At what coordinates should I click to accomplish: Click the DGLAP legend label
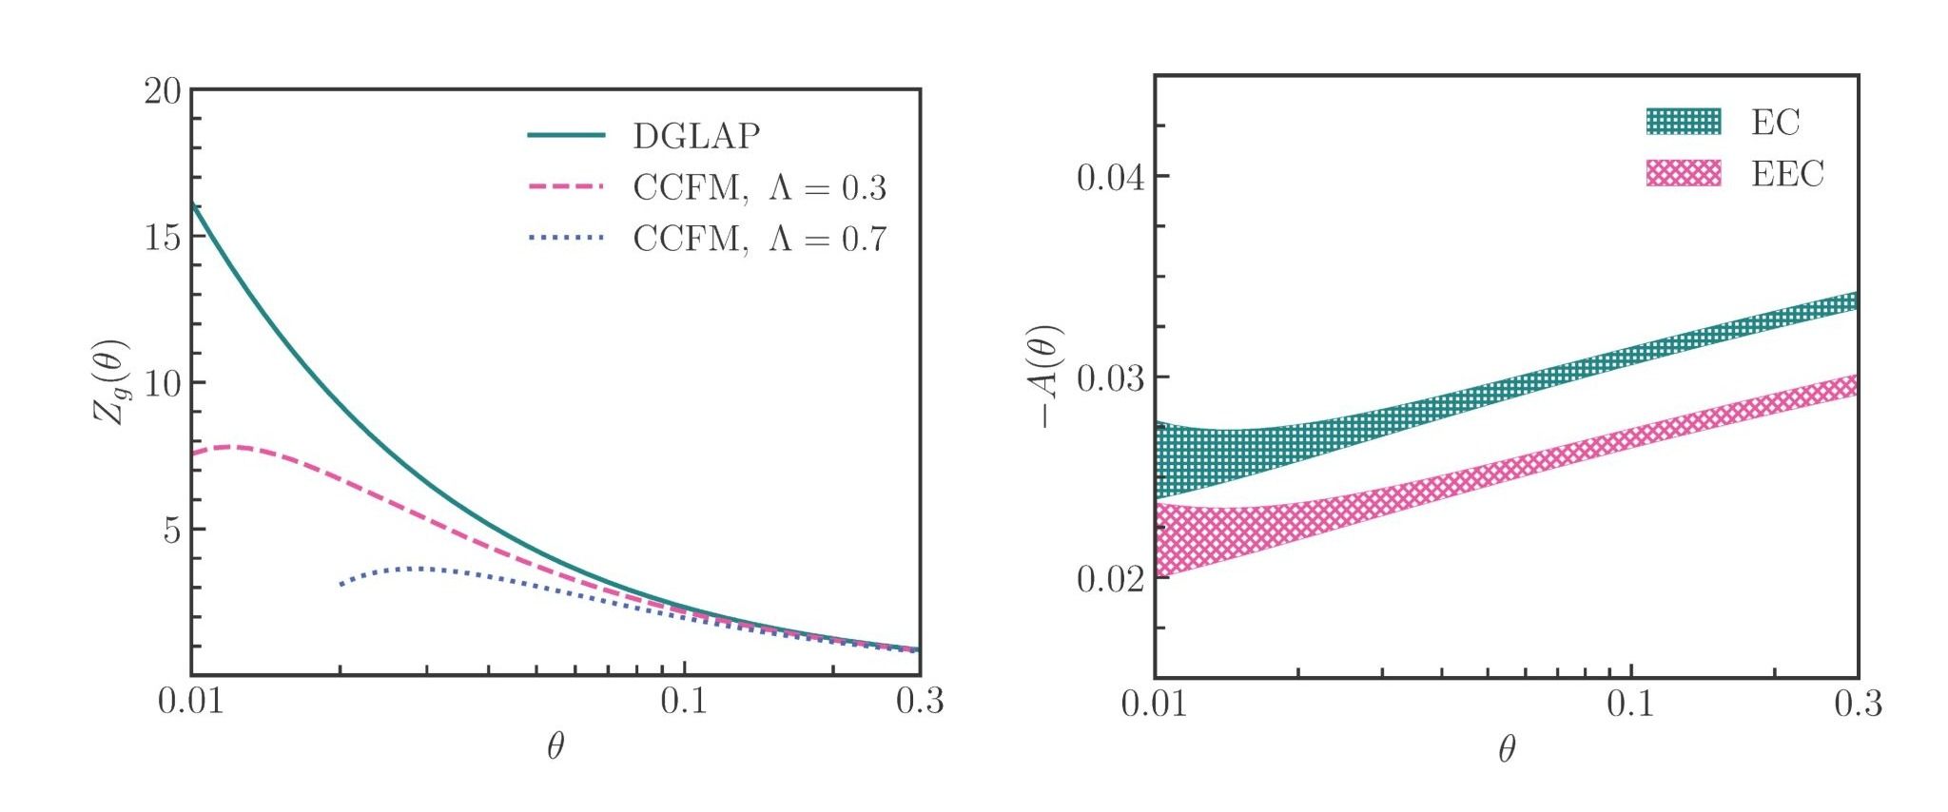pyautogui.click(x=696, y=136)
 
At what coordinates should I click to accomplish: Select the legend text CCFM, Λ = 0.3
pyautogui.click(x=759, y=187)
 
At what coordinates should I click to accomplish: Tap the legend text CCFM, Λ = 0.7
pyautogui.click(x=759, y=238)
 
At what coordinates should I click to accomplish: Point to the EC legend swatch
pyautogui.click(x=1684, y=122)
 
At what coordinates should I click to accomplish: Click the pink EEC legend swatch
pyautogui.click(x=1684, y=173)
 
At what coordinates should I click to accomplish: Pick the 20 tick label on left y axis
pyautogui.click(x=162, y=91)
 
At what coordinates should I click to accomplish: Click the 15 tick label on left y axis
pyautogui.click(x=162, y=237)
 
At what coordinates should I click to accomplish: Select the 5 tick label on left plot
pyautogui.click(x=171, y=530)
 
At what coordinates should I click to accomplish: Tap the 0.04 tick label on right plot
pyautogui.click(x=1109, y=177)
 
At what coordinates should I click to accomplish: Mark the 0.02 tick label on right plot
pyautogui.click(x=1109, y=579)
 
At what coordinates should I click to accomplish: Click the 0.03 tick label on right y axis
pyautogui.click(x=1109, y=378)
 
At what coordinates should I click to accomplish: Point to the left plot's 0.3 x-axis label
pyautogui.click(x=919, y=702)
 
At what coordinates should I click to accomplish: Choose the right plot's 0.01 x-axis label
pyautogui.click(x=1154, y=705)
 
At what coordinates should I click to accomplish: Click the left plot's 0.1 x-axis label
pyautogui.click(x=684, y=702)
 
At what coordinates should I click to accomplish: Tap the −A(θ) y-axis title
pyautogui.click(x=1048, y=377)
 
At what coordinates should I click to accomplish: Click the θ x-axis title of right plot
pyautogui.click(x=1507, y=751)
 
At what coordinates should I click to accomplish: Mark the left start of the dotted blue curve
pyautogui.click(x=341, y=585)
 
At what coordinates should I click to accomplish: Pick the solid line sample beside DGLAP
pyautogui.click(x=566, y=136)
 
